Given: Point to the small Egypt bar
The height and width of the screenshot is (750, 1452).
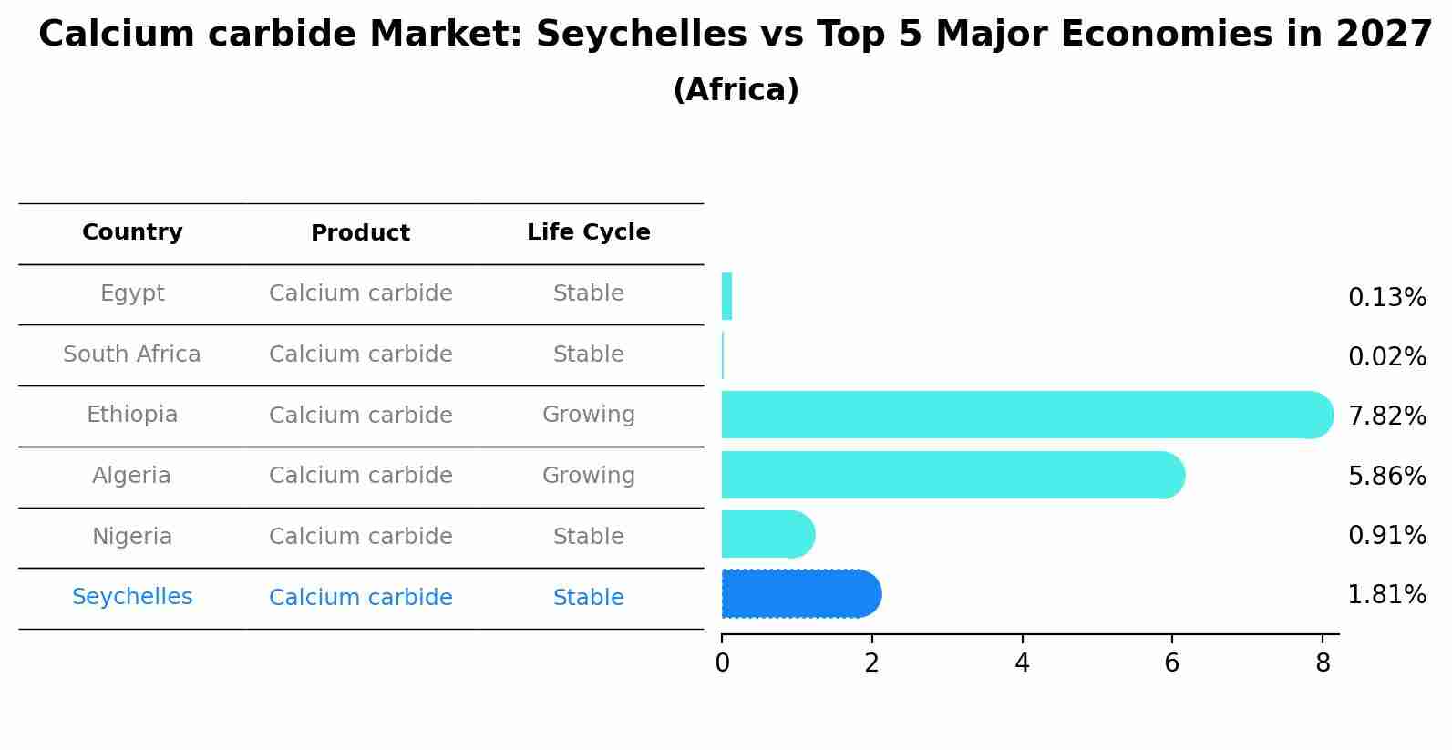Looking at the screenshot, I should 726,296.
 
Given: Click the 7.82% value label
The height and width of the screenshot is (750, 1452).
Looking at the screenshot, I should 1386,416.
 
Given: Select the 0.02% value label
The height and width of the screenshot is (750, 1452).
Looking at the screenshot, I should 1386,357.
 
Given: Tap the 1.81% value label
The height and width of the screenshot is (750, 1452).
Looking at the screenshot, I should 1386,595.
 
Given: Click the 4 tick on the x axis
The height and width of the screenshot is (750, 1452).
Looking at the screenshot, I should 1022,663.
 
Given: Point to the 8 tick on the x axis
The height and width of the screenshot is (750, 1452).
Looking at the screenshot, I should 1322,663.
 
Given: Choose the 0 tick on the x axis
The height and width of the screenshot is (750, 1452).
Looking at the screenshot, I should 722,663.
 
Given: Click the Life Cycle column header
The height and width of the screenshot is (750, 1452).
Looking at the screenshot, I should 588,232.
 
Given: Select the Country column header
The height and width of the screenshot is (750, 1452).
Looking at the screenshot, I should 132,232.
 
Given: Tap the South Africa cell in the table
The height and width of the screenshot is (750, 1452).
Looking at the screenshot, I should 132,354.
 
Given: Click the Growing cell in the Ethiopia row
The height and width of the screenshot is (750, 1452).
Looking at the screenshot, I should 588,415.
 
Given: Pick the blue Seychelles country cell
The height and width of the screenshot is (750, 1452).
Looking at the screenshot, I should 132,597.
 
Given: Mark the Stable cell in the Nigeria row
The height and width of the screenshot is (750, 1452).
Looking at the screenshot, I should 588,537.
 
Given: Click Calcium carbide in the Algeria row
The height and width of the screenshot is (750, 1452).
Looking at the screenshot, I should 360,476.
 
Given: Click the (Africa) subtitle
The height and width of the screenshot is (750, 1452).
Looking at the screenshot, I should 736,90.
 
